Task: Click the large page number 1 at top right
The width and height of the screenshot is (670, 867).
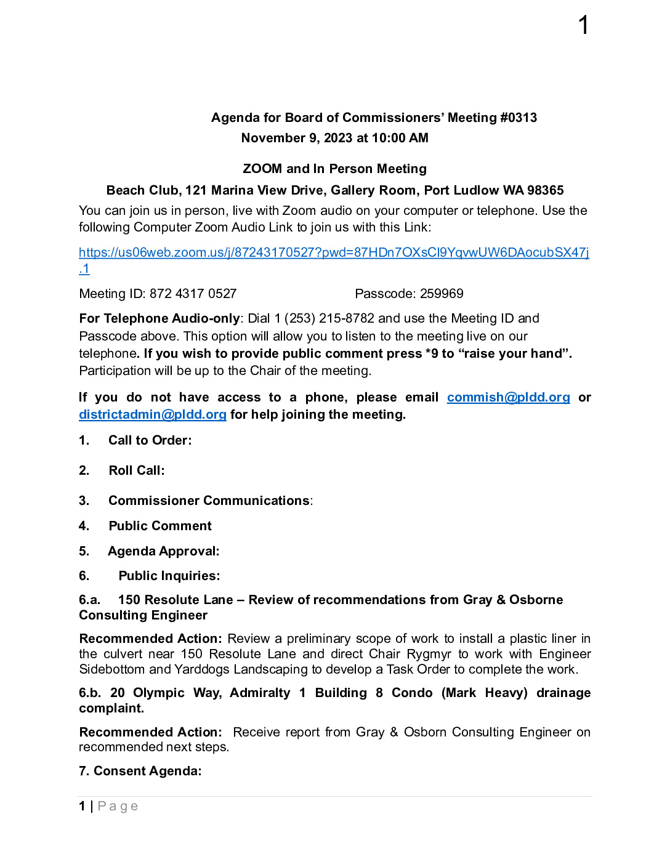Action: pyautogui.click(x=584, y=26)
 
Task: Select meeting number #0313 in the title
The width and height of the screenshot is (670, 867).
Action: pyautogui.click(x=519, y=118)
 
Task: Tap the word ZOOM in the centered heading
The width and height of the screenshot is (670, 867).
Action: pyautogui.click(x=262, y=169)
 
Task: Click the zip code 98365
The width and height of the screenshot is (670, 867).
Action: pyautogui.click(x=545, y=190)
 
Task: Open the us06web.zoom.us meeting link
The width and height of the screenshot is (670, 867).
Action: pyautogui.click(x=333, y=252)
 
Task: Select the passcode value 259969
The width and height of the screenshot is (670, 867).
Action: pyautogui.click(x=442, y=294)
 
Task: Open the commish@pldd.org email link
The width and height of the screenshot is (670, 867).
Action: pyautogui.click(x=508, y=397)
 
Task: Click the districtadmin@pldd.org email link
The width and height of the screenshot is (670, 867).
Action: pyautogui.click(x=153, y=414)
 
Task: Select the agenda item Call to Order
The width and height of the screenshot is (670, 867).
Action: pyautogui.click(x=150, y=440)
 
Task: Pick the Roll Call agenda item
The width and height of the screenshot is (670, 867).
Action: pyautogui.click(x=137, y=470)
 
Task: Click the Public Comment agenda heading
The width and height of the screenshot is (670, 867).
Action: pyautogui.click(x=160, y=526)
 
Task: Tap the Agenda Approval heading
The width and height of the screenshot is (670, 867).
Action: pyautogui.click(x=164, y=551)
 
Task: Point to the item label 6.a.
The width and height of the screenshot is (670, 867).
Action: pyautogui.click(x=89, y=600)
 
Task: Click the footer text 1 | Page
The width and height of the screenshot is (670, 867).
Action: pyautogui.click(x=108, y=806)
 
